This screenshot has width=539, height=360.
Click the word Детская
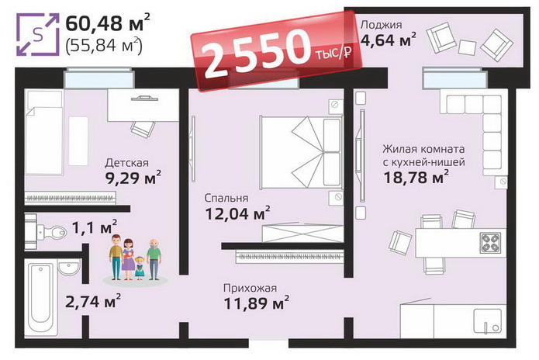pos(126,163)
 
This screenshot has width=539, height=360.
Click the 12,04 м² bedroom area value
pos(237,213)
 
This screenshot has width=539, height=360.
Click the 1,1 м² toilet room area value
pos(95,227)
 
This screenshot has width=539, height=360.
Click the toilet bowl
pos(50,230)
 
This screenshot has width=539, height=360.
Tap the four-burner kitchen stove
pos(490,243)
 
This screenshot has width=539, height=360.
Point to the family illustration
pos(136,259)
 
